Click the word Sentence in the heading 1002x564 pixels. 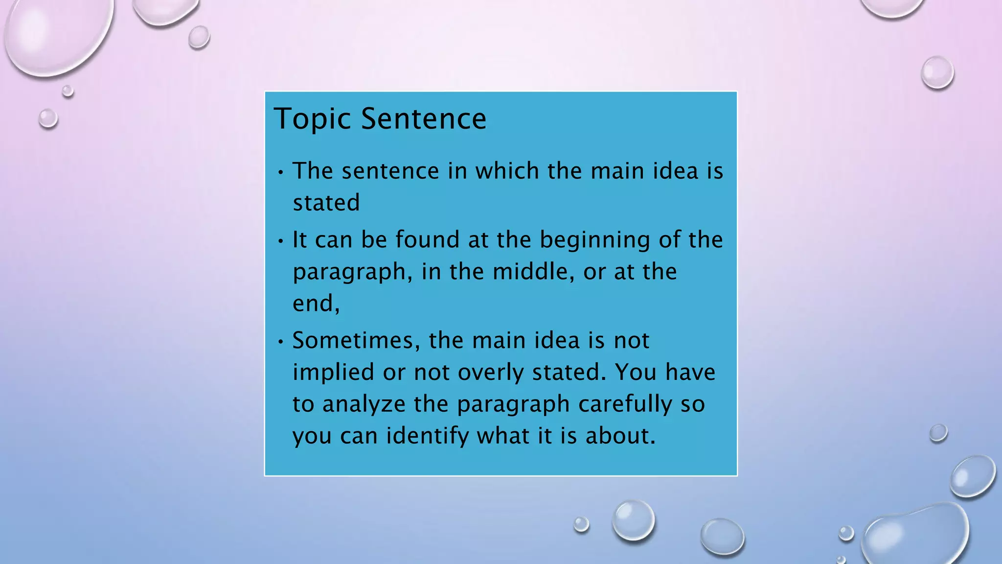[424, 119]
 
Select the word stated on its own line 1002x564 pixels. [326, 203]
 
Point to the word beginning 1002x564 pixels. [594, 240]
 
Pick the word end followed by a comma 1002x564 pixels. [315, 303]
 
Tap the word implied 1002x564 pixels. [334, 373]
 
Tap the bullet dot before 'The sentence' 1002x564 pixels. [280, 172]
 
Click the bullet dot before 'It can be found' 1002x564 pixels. [280, 241]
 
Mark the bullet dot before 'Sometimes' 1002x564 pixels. [280, 341]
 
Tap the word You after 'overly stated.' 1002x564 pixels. [636, 373]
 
